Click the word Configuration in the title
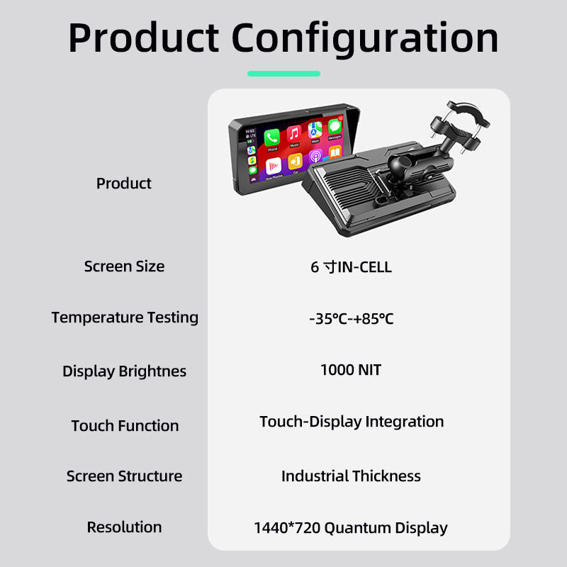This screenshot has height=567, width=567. click(365, 39)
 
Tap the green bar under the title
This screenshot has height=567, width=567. click(284, 74)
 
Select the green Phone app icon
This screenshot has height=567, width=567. click(271, 137)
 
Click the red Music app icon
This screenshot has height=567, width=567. click(294, 133)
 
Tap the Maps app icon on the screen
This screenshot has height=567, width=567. click(315, 130)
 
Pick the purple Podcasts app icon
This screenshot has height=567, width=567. click(315, 156)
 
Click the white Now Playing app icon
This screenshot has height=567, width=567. click(274, 166)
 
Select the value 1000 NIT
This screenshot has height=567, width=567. click(351, 370)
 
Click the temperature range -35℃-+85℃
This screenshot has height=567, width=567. click(351, 319)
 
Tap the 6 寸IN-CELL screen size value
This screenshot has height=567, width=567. click(351, 267)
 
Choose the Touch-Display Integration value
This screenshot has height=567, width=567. click(352, 422)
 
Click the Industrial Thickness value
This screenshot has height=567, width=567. click(351, 476)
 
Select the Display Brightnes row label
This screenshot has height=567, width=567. click(125, 371)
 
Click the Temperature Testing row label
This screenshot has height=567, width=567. click(125, 318)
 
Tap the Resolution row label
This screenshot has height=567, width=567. click(125, 527)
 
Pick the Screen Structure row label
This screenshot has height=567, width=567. click(125, 476)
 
